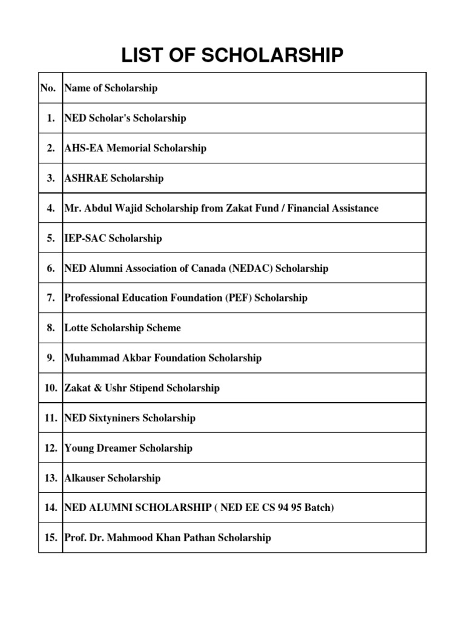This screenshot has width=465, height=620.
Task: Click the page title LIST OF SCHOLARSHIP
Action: click(x=232, y=56)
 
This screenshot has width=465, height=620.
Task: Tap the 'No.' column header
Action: click(x=48, y=88)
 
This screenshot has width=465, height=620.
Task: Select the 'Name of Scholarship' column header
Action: click(x=111, y=88)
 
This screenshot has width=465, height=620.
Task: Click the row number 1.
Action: click(x=51, y=118)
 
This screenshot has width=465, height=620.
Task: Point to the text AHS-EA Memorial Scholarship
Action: click(x=135, y=148)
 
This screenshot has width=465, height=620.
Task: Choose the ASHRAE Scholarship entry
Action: click(x=114, y=179)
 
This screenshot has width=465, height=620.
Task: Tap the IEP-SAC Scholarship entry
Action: click(x=113, y=239)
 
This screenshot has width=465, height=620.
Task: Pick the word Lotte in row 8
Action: click(x=76, y=328)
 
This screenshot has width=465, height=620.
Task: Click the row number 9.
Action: click(x=51, y=358)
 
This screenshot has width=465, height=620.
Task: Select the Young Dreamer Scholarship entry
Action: click(x=128, y=448)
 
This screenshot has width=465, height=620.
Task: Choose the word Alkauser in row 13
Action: click(x=84, y=478)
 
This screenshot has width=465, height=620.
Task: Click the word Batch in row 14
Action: click(x=319, y=508)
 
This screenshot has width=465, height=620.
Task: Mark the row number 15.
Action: click(x=50, y=538)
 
